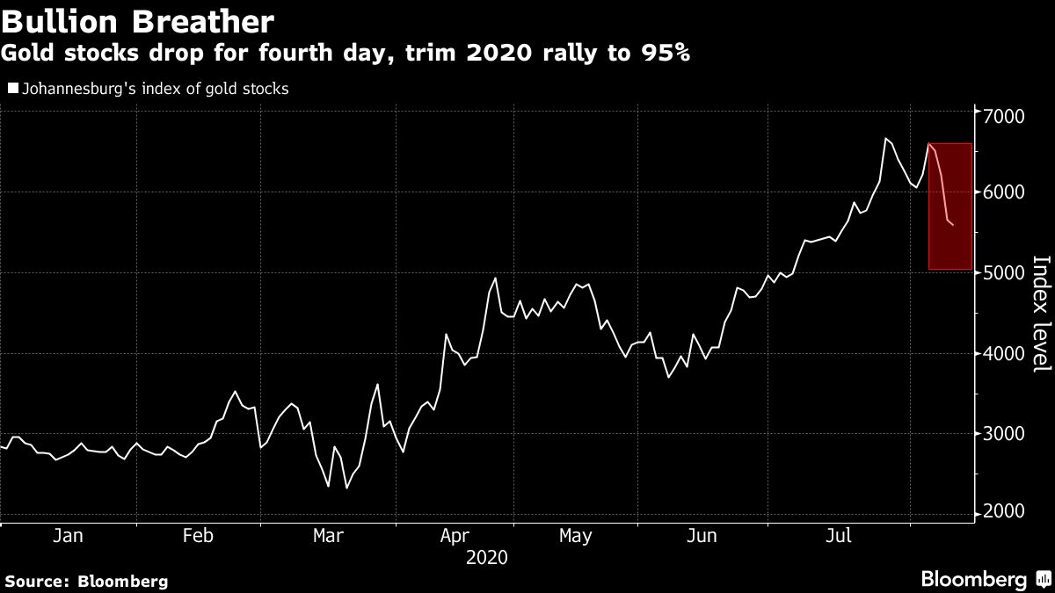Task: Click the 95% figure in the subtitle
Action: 664,54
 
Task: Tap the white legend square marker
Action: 11,88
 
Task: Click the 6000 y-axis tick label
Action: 1005,193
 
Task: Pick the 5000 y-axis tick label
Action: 1005,273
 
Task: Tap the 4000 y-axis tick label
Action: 1005,353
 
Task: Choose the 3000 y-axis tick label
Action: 1005,433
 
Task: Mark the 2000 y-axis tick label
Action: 1005,513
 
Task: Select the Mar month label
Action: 328,536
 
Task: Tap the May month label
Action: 575,536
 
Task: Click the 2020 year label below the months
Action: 486,557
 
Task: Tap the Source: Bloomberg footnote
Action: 86,581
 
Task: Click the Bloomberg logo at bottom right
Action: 985,579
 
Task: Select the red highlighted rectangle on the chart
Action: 949,206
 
